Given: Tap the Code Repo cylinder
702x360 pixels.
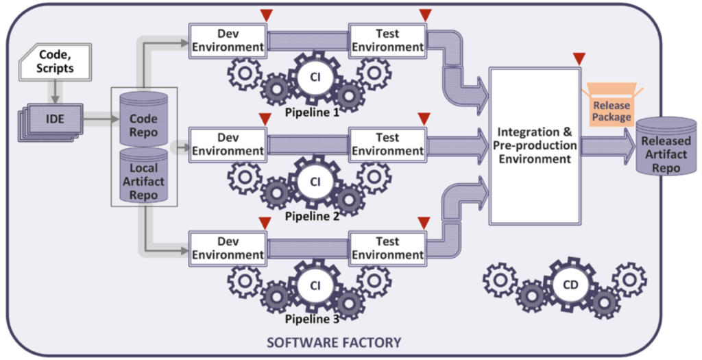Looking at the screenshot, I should (144, 117).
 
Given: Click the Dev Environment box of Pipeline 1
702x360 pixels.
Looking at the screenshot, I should (228, 40).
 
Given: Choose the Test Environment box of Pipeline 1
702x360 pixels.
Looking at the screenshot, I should (387, 40).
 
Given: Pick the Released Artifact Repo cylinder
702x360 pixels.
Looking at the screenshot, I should (664, 148).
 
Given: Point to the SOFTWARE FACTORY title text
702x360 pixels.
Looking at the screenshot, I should (333, 341).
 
